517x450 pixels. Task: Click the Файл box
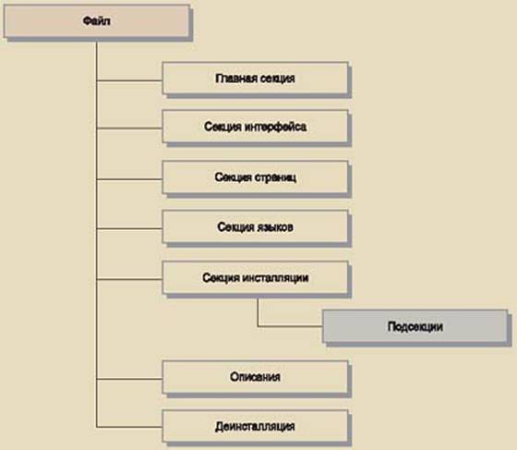(97, 21)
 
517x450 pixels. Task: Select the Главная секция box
(255, 79)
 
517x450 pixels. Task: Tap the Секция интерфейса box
(255, 127)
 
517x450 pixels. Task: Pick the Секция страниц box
(255, 177)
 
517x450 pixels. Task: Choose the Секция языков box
(255, 226)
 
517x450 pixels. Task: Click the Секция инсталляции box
(255, 277)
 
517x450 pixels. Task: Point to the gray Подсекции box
(415, 326)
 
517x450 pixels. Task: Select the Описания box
(255, 377)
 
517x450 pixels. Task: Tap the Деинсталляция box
(255, 426)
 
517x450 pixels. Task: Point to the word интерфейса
(276, 127)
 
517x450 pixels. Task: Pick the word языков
(273, 227)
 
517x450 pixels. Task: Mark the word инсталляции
(275, 278)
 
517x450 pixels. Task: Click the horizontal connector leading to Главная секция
(129, 80)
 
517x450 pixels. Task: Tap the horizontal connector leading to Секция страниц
(129, 179)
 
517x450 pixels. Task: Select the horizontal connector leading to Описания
(129, 379)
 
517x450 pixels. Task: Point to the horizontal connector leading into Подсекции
(290, 326)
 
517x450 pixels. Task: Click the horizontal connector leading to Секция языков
(129, 228)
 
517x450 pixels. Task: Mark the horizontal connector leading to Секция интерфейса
(129, 128)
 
